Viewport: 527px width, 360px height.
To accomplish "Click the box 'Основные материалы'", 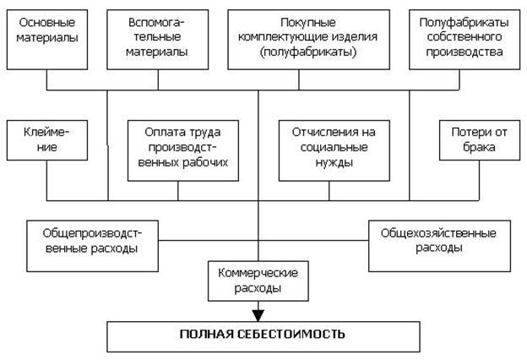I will pyautogui.click(x=47, y=38).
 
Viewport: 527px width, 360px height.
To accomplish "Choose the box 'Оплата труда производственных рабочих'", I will pyautogui.click(x=177, y=149).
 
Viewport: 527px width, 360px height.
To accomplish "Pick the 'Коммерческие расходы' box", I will pyautogui.click(x=258, y=281).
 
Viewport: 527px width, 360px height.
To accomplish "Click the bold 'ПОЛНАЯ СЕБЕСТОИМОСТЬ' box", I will pyautogui.click(x=263, y=334).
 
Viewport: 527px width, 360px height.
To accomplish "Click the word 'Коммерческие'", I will pyautogui.click(x=258, y=275).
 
